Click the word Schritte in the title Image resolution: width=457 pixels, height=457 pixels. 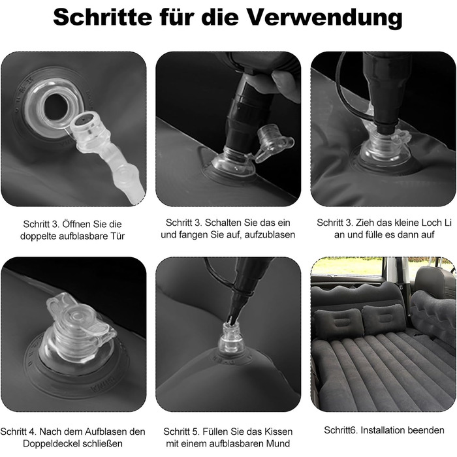click(x=102, y=18)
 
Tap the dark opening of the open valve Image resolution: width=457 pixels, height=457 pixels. click(x=55, y=107)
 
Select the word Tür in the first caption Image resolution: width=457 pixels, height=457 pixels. click(x=118, y=236)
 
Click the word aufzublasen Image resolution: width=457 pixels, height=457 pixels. click(x=270, y=234)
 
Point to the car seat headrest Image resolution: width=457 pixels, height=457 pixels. click(x=430, y=281)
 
